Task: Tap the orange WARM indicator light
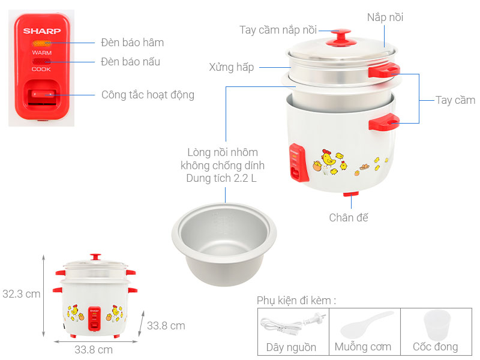[41, 43]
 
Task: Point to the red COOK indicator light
[41, 61]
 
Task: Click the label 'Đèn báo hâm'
[132, 43]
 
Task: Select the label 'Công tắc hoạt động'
[148, 95]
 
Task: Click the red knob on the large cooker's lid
[341, 36]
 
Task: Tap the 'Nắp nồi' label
[385, 17]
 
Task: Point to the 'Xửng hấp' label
[232, 67]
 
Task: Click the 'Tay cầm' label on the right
[455, 100]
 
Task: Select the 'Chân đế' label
[349, 217]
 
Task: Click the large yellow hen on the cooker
[328, 159]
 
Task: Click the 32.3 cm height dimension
[22, 294]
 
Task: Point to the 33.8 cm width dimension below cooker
[93, 349]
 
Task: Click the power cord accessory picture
[292, 325]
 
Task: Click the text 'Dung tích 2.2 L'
[225, 178]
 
